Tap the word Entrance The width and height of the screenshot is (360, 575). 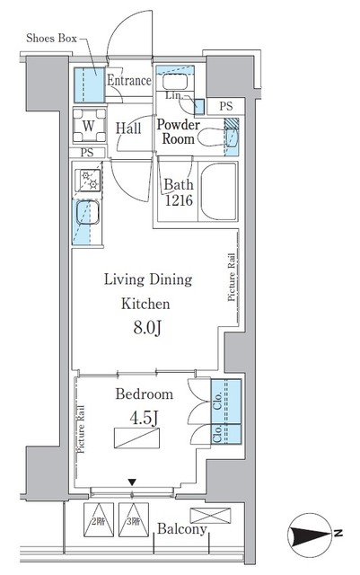pos(129,81)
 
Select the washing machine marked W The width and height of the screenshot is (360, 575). pos(87,127)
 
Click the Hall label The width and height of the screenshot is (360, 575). pos(129,128)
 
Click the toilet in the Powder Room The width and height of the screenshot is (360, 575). pos(208,137)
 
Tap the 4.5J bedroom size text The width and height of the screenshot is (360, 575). pos(136,416)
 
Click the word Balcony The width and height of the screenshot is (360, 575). pos(182,530)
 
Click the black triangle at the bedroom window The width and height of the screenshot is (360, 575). pos(133,484)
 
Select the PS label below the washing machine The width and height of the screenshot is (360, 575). pos(86,153)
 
